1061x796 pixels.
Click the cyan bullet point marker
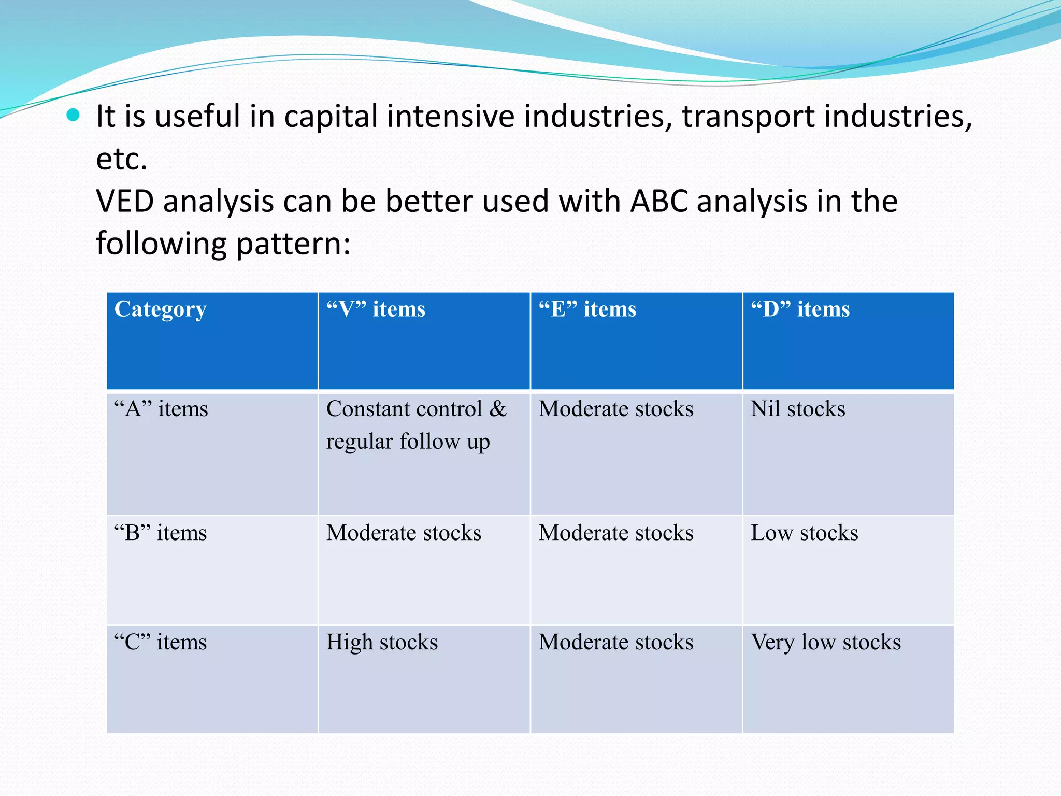pyautogui.click(x=74, y=115)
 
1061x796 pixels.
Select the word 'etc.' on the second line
pyautogui.click(x=122, y=159)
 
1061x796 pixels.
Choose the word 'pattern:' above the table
pyautogui.click(x=293, y=244)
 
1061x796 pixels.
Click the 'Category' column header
pyautogui.click(x=161, y=309)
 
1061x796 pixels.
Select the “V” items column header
pyautogui.click(x=376, y=309)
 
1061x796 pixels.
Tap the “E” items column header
pyautogui.click(x=587, y=309)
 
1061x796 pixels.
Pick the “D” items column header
pyautogui.click(x=800, y=309)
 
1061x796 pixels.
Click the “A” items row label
pyautogui.click(x=161, y=409)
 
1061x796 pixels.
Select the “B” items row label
pyautogui.click(x=161, y=533)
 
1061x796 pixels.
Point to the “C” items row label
pyautogui.click(x=161, y=643)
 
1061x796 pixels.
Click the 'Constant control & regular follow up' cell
pyautogui.click(x=416, y=425)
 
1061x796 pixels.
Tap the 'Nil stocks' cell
pyautogui.click(x=798, y=409)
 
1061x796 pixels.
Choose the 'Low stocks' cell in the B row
pyautogui.click(x=804, y=533)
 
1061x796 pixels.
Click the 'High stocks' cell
pyautogui.click(x=382, y=643)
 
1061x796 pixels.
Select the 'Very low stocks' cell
pyautogui.click(x=826, y=643)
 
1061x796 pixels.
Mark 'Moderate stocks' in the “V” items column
pyautogui.click(x=404, y=533)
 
